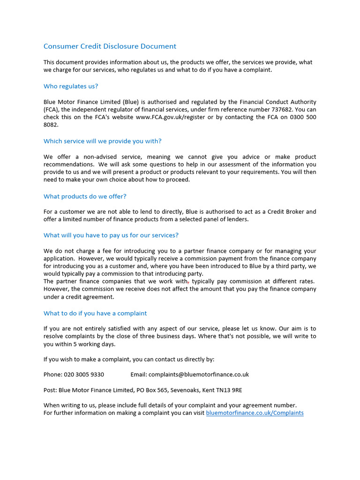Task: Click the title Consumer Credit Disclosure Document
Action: (110, 46)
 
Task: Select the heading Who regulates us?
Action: (71, 86)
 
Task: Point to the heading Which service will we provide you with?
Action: (102, 141)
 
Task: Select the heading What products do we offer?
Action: (85, 196)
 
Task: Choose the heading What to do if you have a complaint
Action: (95, 313)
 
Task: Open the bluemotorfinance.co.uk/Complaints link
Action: (255, 413)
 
